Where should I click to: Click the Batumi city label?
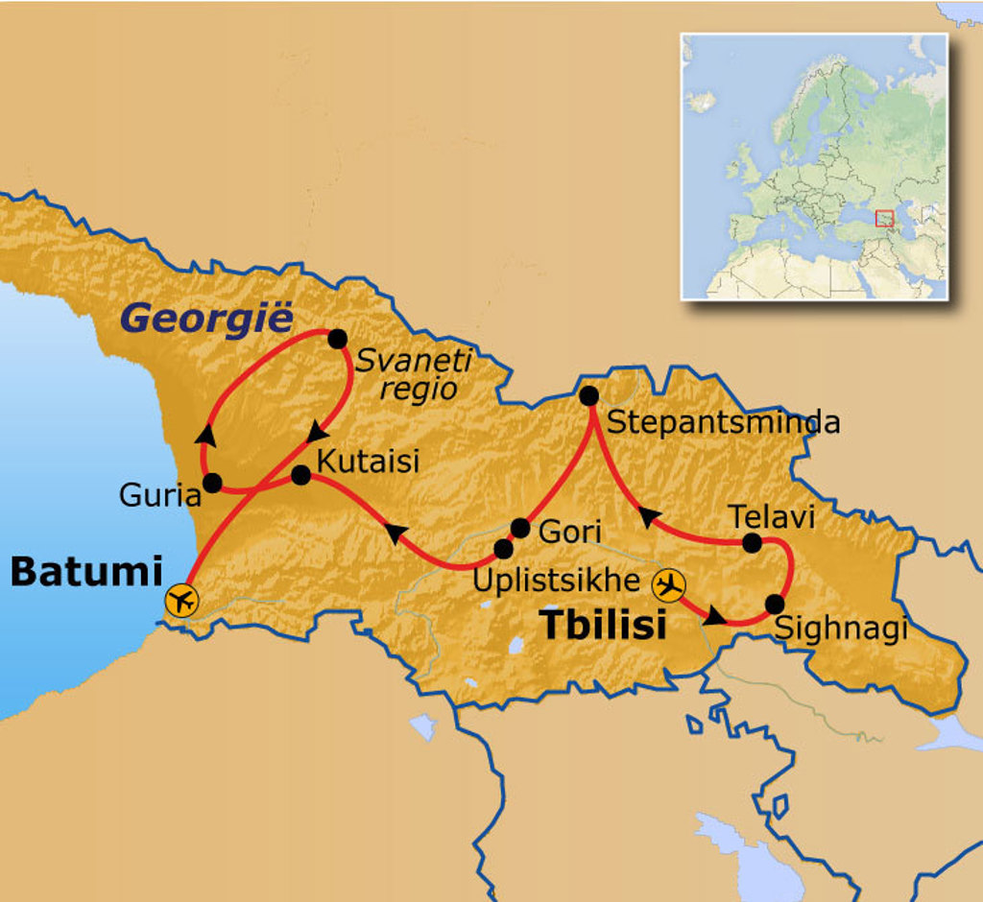85,572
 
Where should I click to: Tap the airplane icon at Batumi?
180,601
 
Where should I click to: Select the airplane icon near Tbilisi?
669,583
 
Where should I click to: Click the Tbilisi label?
603,625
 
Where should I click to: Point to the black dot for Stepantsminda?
589,395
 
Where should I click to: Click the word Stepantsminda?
724,422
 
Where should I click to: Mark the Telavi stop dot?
752,543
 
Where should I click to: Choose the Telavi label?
771,517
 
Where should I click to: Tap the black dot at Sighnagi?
775,605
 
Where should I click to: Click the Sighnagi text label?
839,629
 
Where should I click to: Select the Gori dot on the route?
519,528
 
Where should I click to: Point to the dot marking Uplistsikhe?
503,549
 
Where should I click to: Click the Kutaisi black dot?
300,474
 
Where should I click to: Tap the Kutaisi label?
368,461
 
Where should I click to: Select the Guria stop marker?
213,483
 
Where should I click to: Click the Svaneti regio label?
414,374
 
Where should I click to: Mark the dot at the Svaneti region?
337,339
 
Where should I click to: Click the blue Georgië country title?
207,319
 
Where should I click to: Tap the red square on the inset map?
884,219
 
